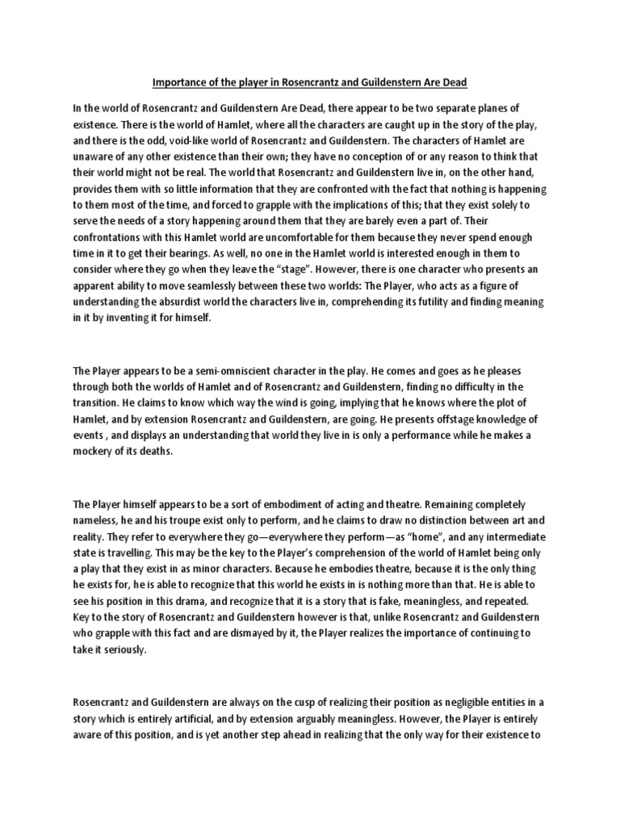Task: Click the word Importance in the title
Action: pyautogui.click(x=176, y=82)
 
